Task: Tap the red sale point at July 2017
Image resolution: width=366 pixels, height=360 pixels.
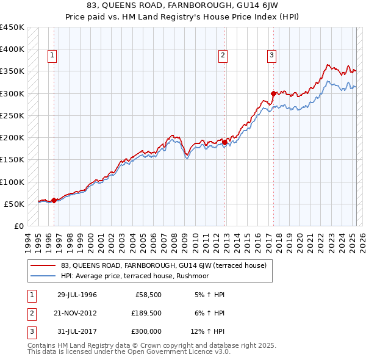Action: point(273,93)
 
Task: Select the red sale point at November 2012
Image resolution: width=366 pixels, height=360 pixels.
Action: point(224,142)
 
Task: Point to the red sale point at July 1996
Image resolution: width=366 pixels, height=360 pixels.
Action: point(54,200)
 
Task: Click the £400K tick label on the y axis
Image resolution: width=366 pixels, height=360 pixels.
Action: point(12,49)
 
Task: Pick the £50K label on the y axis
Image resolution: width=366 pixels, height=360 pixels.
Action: point(14,204)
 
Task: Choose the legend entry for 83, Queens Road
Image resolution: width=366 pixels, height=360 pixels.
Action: point(159,265)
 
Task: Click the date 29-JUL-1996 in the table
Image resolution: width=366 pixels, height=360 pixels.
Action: point(77,295)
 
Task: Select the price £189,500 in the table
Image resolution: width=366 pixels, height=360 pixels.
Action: point(146,313)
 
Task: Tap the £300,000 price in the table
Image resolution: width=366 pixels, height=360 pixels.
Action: point(146,331)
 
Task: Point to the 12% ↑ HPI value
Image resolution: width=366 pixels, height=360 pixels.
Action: point(208,331)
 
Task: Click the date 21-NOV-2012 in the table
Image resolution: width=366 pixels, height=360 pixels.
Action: point(77,313)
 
